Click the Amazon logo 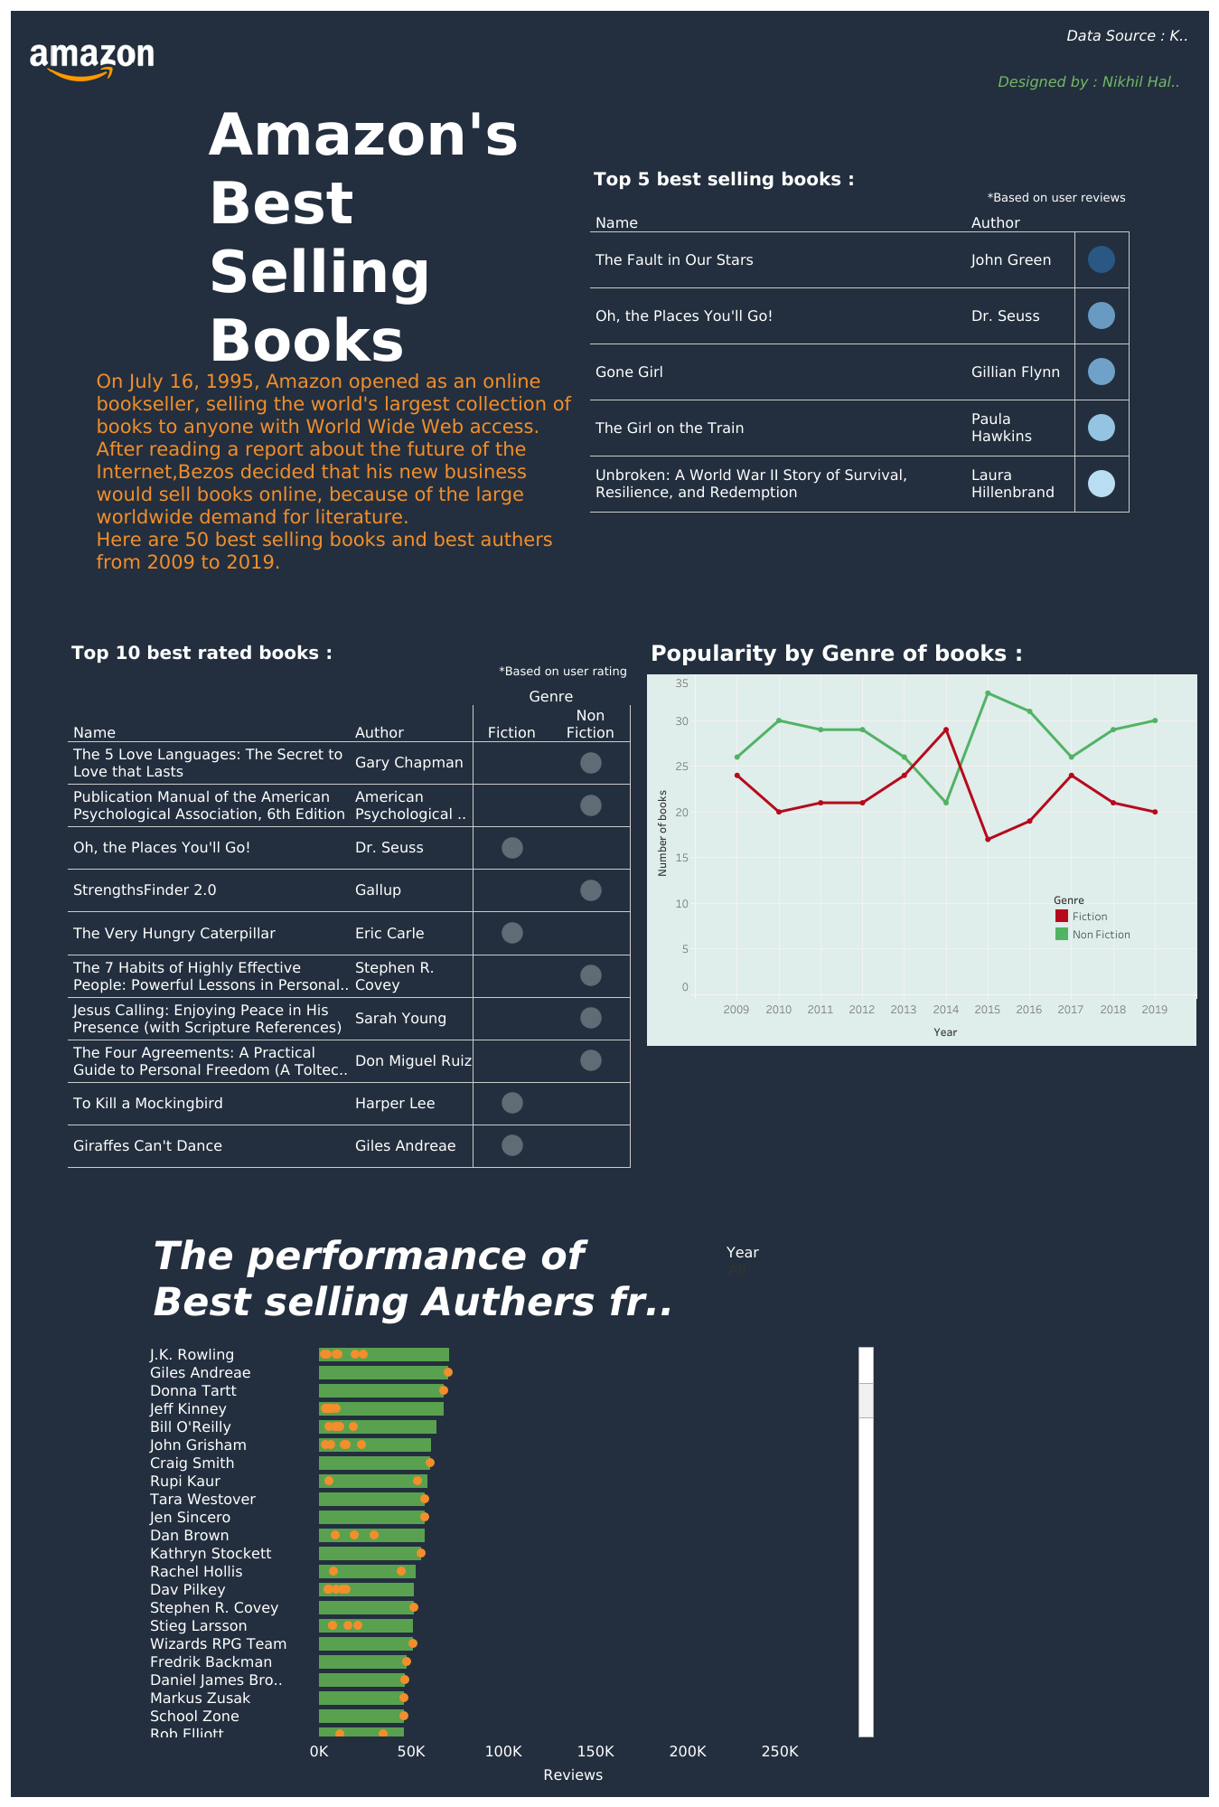tap(91, 60)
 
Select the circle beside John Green tap(1101, 260)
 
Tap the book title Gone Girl tap(629, 372)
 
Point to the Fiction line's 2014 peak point tap(945, 729)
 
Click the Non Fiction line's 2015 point tap(988, 693)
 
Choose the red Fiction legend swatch tap(1061, 916)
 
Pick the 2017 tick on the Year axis tap(1070, 1010)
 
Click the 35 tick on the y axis tap(681, 683)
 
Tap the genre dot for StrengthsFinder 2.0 tap(590, 890)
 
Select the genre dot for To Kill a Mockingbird tap(511, 1103)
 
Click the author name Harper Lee tap(395, 1104)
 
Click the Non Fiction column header tap(590, 724)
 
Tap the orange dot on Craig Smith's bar tap(430, 1463)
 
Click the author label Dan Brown tap(189, 1535)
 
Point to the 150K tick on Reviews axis tap(595, 1751)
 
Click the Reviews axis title tap(573, 1774)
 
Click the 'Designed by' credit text tap(1088, 82)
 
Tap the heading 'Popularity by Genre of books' tap(836, 654)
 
